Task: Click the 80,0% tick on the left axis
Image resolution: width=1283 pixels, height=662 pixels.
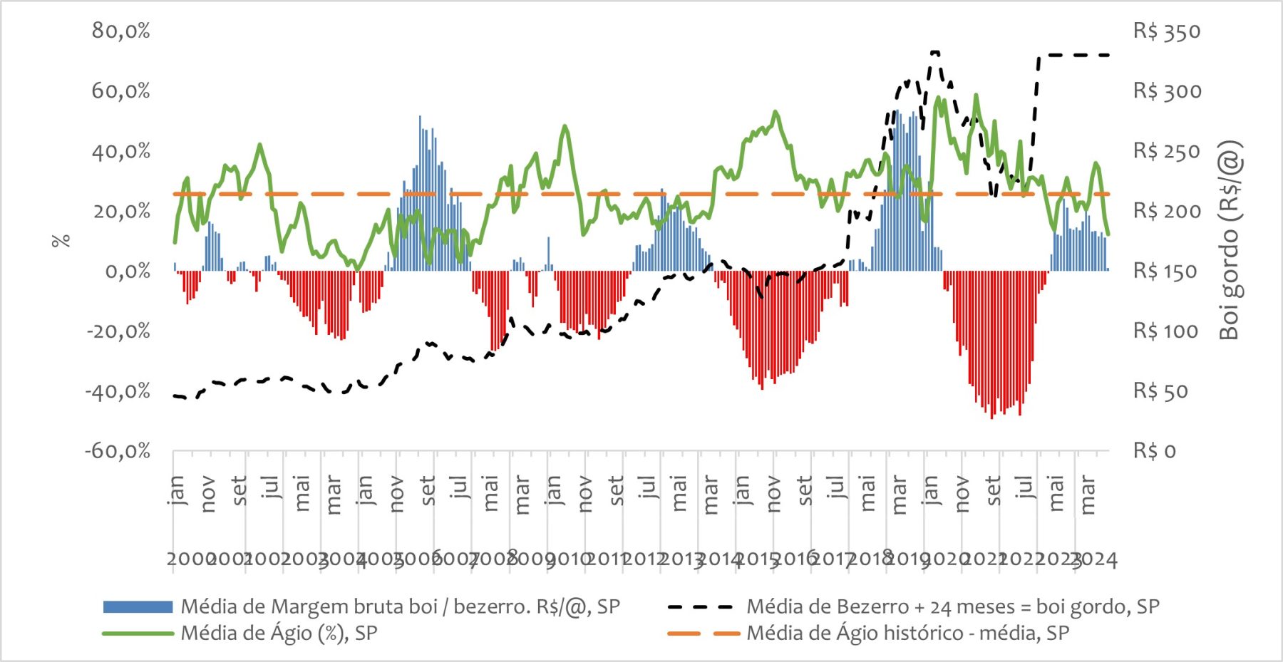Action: pyautogui.click(x=121, y=31)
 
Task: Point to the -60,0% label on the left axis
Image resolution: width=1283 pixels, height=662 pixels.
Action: pyautogui.click(x=118, y=451)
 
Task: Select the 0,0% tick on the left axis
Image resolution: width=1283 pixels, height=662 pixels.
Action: pyautogui.click(x=128, y=271)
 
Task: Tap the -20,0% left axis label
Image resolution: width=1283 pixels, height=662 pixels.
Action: pyautogui.click(x=118, y=331)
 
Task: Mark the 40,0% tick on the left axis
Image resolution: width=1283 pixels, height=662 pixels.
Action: pyautogui.click(x=121, y=151)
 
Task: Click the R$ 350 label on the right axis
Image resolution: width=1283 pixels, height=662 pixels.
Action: pyautogui.click(x=1167, y=31)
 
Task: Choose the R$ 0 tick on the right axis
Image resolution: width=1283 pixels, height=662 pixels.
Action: pyautogui.click(x=1155, y=451)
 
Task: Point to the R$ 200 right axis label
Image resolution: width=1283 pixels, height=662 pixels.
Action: pyautogui.click(x=1167, y=212)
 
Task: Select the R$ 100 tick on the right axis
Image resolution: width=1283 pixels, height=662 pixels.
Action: pyautogui.click(x=1166, y=331)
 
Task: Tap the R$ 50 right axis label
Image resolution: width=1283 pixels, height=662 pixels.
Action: pyautogui.click(x=1160, y=391)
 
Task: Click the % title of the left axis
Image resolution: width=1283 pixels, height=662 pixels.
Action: pyautogui.click(x=62, y=241)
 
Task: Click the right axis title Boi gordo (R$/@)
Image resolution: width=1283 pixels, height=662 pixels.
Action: pyautogui.click(x=1231, y=241)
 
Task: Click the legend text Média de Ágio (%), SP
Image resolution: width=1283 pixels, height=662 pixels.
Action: pyautogui.click(x=279, y=633)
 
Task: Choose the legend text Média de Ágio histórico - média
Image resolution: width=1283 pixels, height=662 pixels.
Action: pyautogui.click(x=907, y=633)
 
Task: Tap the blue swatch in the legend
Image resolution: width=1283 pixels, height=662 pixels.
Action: pyautogui.click(x=138, y=607)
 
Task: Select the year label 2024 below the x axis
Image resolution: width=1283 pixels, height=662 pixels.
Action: pyautogui.click(x=1096, y=559)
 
